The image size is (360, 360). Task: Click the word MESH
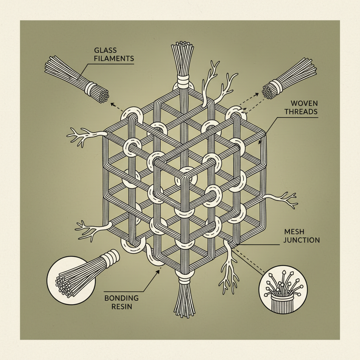(x=294, y=232)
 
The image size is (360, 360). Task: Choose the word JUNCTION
(x=302, y=240)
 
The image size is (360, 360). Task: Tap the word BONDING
(x=122, y=298)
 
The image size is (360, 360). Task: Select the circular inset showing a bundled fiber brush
(x=72, y=279)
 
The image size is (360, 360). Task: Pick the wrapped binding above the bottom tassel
(x=184, y=279)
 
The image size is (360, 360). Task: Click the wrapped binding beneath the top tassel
(x=182, y=82)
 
